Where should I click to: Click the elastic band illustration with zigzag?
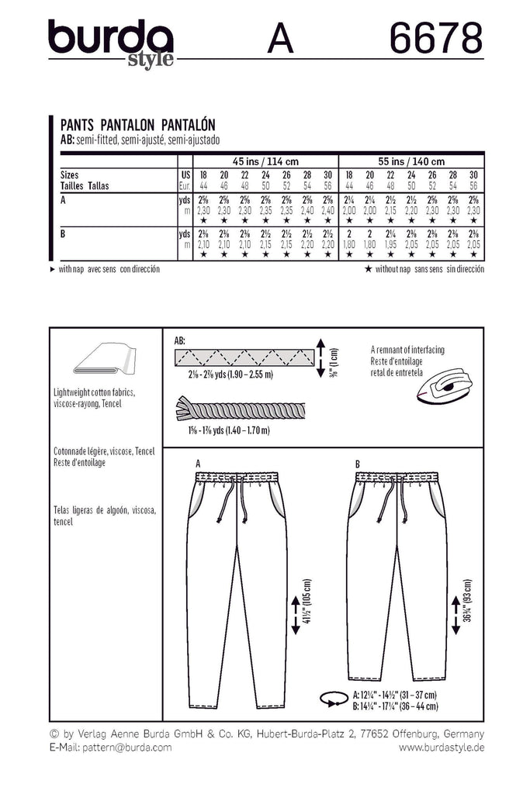pyautogui.click(x=244, y=358)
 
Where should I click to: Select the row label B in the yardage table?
pyautogui.click(x=62, y=232)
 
